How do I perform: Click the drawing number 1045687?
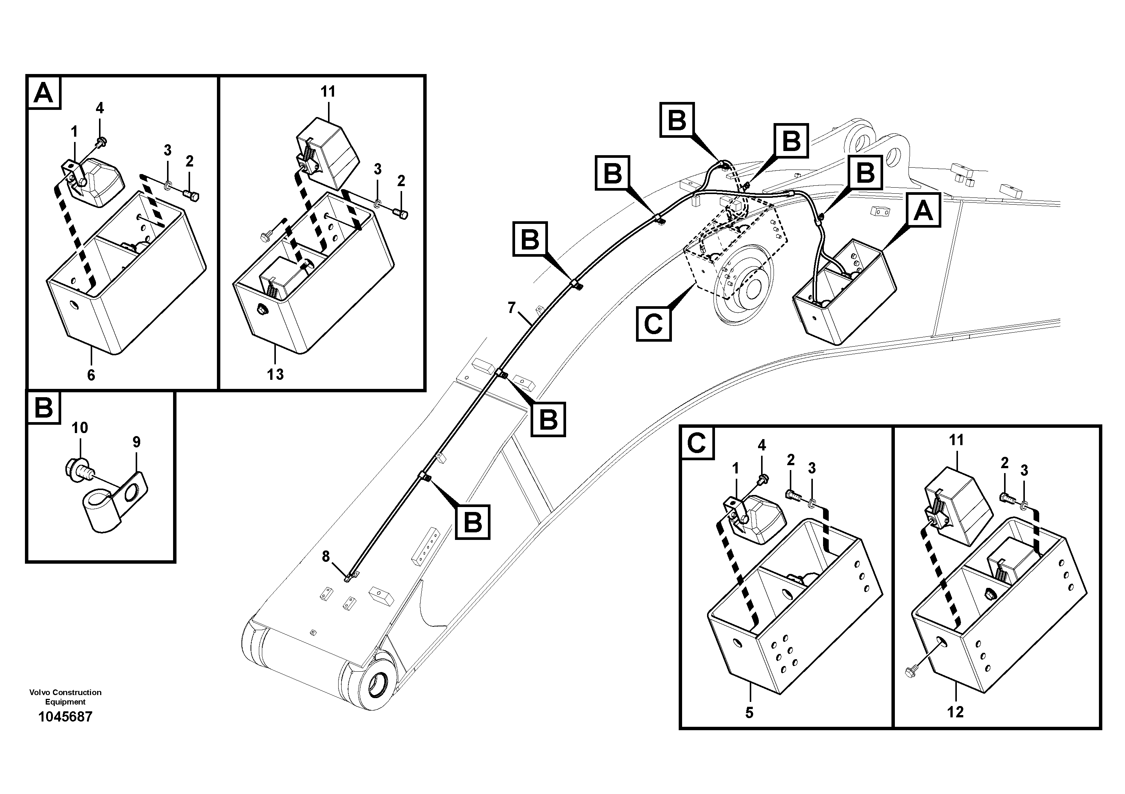coord(65,717)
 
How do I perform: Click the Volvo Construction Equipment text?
coord(65,697)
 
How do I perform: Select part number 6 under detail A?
coord(91,375)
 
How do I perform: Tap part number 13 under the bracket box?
coord(275,375)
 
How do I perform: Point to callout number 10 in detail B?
coord(79,428)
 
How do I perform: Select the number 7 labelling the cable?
coord(512,308)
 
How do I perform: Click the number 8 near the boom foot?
coord(326,557)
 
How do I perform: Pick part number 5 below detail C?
coord(749,713)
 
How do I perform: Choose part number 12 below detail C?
coord(955,712)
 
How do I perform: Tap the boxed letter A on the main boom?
coord(923,211)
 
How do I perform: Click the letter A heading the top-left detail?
coord(43,93)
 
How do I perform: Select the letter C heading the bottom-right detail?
coord(696,444)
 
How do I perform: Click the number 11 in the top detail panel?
coord(328,91)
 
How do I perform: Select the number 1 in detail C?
coord(735,469)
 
